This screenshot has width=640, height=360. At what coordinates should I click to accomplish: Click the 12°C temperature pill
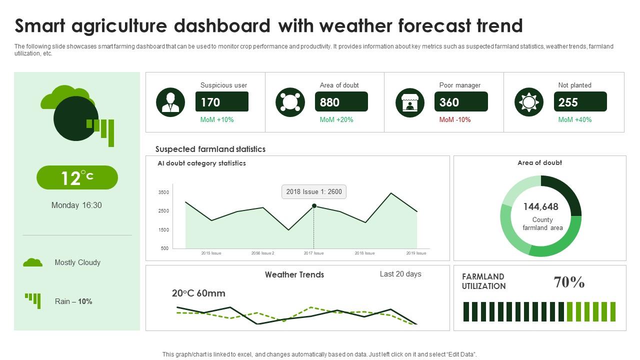point(77,177)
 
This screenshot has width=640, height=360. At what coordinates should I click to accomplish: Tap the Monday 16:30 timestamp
point(76,205)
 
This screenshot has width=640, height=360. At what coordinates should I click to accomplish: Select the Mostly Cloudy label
point(77,262)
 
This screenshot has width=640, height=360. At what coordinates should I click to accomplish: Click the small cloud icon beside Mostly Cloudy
point(33,262)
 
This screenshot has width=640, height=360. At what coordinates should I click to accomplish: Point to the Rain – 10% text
point(73,301)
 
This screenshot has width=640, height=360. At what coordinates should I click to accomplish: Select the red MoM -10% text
point(455,119)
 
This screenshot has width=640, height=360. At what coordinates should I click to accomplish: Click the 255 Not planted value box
point(580,102)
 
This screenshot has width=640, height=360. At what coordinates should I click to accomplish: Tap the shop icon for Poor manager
point(410,102)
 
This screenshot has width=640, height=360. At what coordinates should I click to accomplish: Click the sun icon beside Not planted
point(529,102)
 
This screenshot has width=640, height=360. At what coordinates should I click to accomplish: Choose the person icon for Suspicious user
point(170,102)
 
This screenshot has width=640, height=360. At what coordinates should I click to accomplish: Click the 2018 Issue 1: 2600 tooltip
point(314,191)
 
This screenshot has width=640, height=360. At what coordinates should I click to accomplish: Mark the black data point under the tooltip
point(314,205)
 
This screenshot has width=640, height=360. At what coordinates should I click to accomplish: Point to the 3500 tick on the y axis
point(163,192)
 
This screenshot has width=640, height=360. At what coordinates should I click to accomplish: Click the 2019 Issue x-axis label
point(415,253)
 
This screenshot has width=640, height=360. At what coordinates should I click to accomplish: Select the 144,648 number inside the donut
point(541,206)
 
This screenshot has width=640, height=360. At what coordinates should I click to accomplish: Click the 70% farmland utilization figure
point(569,282)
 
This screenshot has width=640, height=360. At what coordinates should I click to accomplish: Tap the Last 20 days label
point(400,274)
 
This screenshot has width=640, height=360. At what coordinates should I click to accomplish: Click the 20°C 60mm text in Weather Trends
point(198,293)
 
